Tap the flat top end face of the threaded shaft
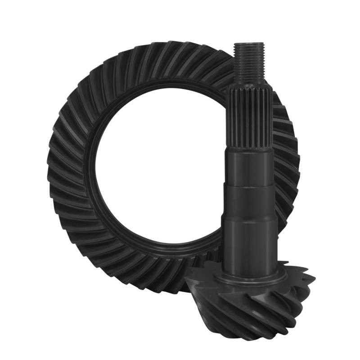coord(245,44)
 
